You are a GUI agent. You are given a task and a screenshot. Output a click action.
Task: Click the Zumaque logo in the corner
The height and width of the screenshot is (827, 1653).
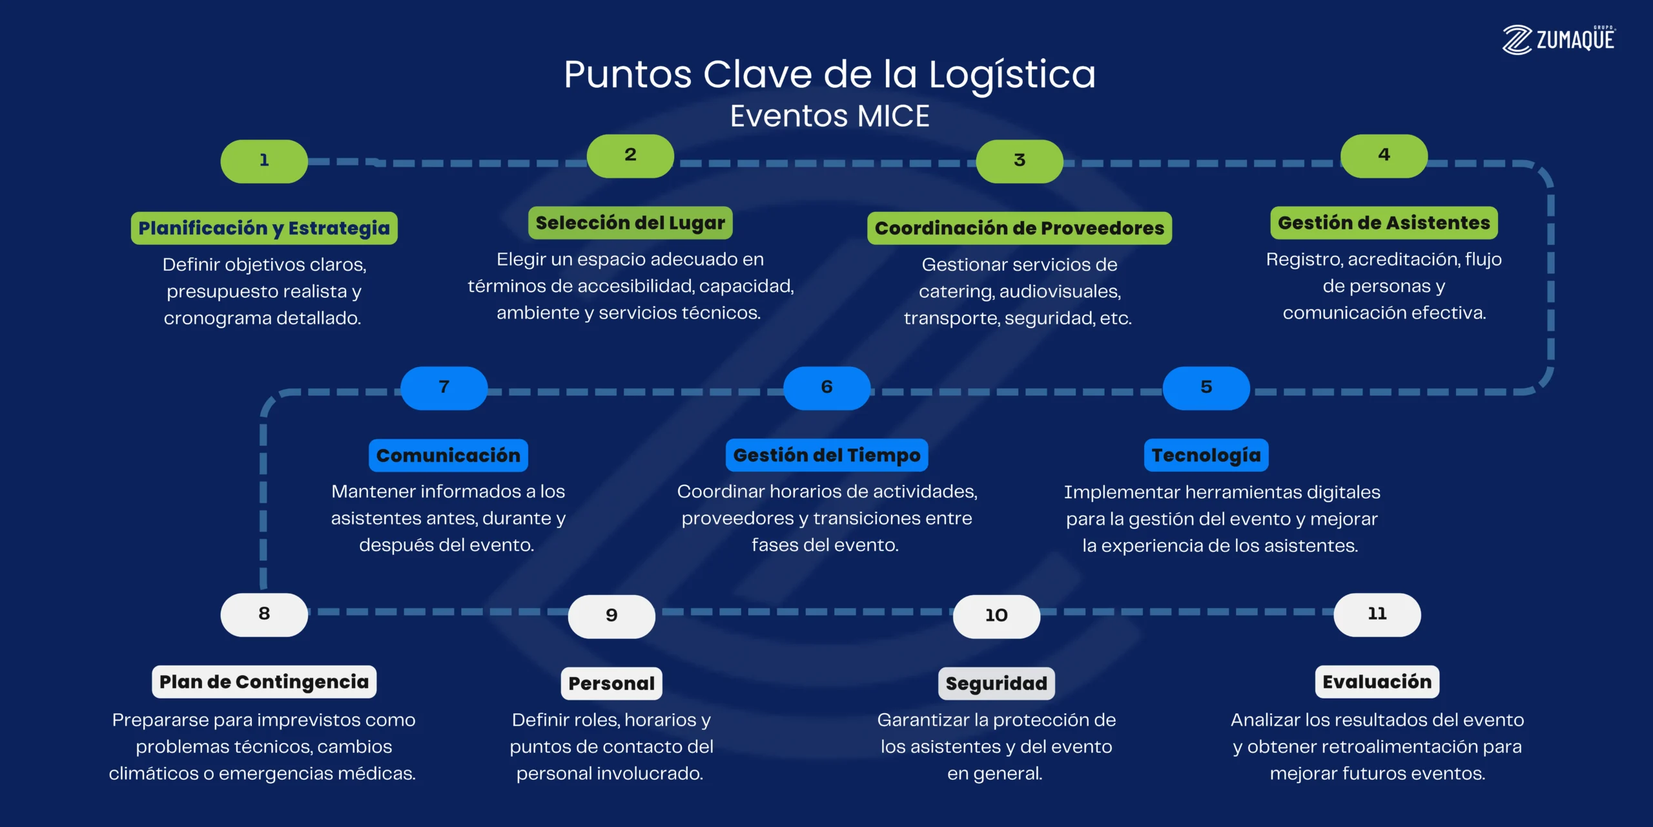[x=1559, y=40]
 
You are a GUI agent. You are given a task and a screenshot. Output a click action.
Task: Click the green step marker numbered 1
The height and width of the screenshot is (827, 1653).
[x=264, y=161]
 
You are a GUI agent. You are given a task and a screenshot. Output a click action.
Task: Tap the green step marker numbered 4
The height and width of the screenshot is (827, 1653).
[x=1384, y=156]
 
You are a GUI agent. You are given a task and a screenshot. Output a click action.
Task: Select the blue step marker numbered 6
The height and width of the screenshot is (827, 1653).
[x=826, y=388]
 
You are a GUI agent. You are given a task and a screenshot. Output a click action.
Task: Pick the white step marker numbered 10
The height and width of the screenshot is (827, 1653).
[x=996, y=616]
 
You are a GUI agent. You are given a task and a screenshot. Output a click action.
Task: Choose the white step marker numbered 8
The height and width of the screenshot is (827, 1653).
[x=264, y=614]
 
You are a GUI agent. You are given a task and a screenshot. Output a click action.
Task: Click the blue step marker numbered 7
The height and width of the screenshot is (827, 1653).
[x=444, y=388]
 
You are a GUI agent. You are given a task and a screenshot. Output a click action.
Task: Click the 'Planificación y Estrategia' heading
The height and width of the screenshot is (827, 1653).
[x=264, y=228]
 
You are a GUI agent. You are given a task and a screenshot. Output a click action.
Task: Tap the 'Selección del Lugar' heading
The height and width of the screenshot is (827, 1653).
[x=630, y=223]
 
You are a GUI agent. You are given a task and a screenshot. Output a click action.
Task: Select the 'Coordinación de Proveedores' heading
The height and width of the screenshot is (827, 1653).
[x=1019, y=228]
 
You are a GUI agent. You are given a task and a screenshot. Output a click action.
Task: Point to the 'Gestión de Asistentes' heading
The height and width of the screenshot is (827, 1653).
[x=1384, y=223]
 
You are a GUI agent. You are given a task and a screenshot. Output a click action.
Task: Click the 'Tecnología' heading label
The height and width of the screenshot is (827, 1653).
[x=1206, y=455]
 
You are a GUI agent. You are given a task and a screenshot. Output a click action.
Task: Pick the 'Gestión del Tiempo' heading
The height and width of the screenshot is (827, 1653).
[x=826, y=455]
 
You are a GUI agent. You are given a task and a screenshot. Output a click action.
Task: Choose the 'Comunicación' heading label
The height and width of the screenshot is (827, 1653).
[x=448, y=455]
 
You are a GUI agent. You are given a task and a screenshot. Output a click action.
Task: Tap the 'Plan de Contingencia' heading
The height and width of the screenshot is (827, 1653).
[x=264, y=682]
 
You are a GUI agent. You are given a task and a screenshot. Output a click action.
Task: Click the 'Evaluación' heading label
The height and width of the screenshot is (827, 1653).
[x=1377, y=682]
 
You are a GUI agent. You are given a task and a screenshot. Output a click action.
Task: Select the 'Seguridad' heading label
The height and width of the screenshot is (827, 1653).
[x=996, y=684]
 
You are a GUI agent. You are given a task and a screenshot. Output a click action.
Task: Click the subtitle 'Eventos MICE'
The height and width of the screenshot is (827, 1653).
[x=830, y=117]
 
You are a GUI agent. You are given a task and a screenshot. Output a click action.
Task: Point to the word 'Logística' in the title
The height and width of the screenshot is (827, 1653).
[x=1012, y=75]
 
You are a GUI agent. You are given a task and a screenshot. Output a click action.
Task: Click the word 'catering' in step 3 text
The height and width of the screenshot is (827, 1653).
[x=956, y=292]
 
